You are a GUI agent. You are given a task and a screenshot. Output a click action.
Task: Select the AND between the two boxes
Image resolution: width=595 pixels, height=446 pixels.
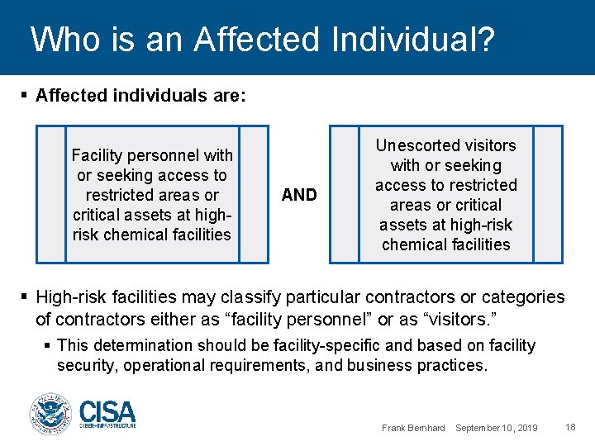[299, 195]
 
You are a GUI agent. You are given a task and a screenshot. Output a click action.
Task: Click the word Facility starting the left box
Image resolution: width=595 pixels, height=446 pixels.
[97, 155]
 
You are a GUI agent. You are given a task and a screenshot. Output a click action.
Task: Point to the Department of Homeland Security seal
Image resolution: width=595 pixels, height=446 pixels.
[51, 413]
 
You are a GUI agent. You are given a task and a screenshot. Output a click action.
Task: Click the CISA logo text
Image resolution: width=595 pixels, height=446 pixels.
[107, 410]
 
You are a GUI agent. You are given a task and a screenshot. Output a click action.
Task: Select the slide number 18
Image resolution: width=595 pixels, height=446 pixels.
[570, 427]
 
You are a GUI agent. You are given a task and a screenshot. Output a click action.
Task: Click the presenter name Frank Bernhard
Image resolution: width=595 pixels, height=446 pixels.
[413, 428]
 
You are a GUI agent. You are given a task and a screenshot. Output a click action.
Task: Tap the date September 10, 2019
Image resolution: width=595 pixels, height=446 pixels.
[497, 428]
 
